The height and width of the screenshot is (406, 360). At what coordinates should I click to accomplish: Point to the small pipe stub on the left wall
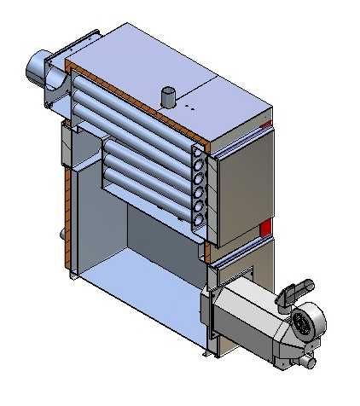[61, 234]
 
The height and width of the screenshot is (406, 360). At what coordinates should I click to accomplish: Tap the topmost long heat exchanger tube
[128, 98]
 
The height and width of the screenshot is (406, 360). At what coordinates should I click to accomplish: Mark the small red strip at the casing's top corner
[267, 126]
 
